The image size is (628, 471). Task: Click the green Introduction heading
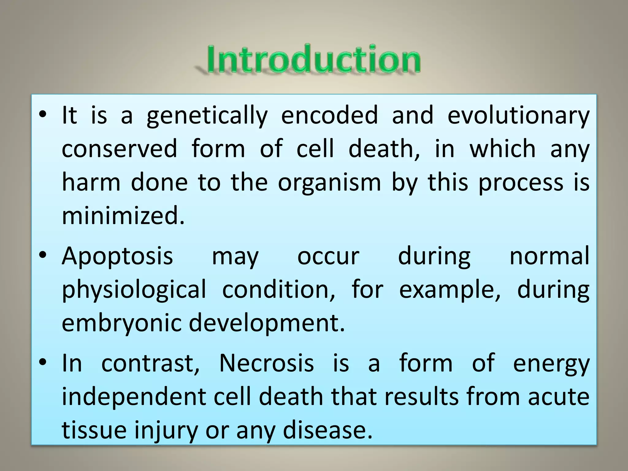point(313,59)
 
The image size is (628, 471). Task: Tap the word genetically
point(207,116)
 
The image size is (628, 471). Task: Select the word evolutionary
point(518,116)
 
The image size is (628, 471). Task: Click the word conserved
point(119,149)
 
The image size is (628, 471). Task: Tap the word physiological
point(134,290)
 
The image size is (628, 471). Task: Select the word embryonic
point(122,323)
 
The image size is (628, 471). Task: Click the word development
point(267,323)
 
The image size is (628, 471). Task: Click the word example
point(450,290)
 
